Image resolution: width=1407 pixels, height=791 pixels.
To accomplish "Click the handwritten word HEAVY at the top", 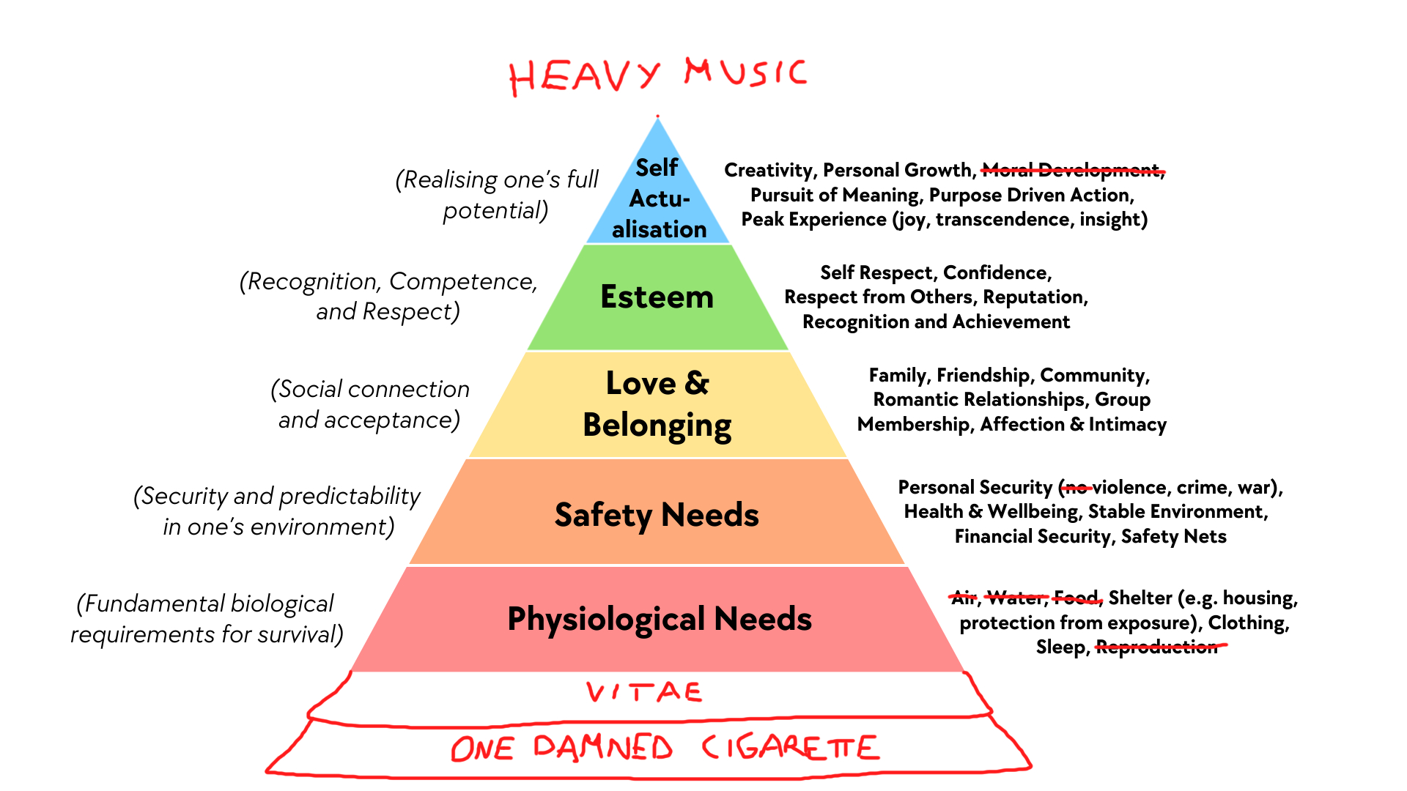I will pyautogui.click(x=584, y=76).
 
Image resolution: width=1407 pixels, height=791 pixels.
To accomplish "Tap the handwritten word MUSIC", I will pyautogui.click(x=745, y=73).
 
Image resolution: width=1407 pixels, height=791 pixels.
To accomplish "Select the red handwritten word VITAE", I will pyautogui.click(x=644, y=692).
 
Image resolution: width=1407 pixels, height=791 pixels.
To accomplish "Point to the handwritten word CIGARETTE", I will pyautogui.click(x=790, y=748).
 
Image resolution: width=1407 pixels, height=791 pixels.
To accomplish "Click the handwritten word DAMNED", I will pyautogui.click(x=602, y=748).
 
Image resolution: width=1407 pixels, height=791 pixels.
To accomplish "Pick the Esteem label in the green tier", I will pyautogui.click(x=657, y=297).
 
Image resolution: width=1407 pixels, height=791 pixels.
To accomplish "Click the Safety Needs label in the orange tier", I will pyautogui.click(x=657, y=515).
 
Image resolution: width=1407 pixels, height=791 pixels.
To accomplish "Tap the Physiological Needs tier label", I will pyautogui.click(x=660, y=619).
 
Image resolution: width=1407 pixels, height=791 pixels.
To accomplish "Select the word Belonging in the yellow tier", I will pyautogui.click(x=657, y=426).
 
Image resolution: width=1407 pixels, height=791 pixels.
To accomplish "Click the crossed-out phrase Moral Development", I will pyautogui.click(x=1071, y=171).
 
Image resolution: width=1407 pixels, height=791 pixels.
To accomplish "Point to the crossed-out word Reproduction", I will pyautogui.click(x=1156, y=647).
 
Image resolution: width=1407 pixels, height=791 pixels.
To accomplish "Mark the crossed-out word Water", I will pyautogui.click(x=1016, y=598).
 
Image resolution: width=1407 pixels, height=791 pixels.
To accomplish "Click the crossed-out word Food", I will pyautogui.click(x=1077, y=598).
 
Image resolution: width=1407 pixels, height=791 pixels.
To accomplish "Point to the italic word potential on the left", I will pyautogui.click(x=493, y=211).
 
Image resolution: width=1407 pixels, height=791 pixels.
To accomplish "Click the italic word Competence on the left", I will pyautogui.click(x=462, y=282).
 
